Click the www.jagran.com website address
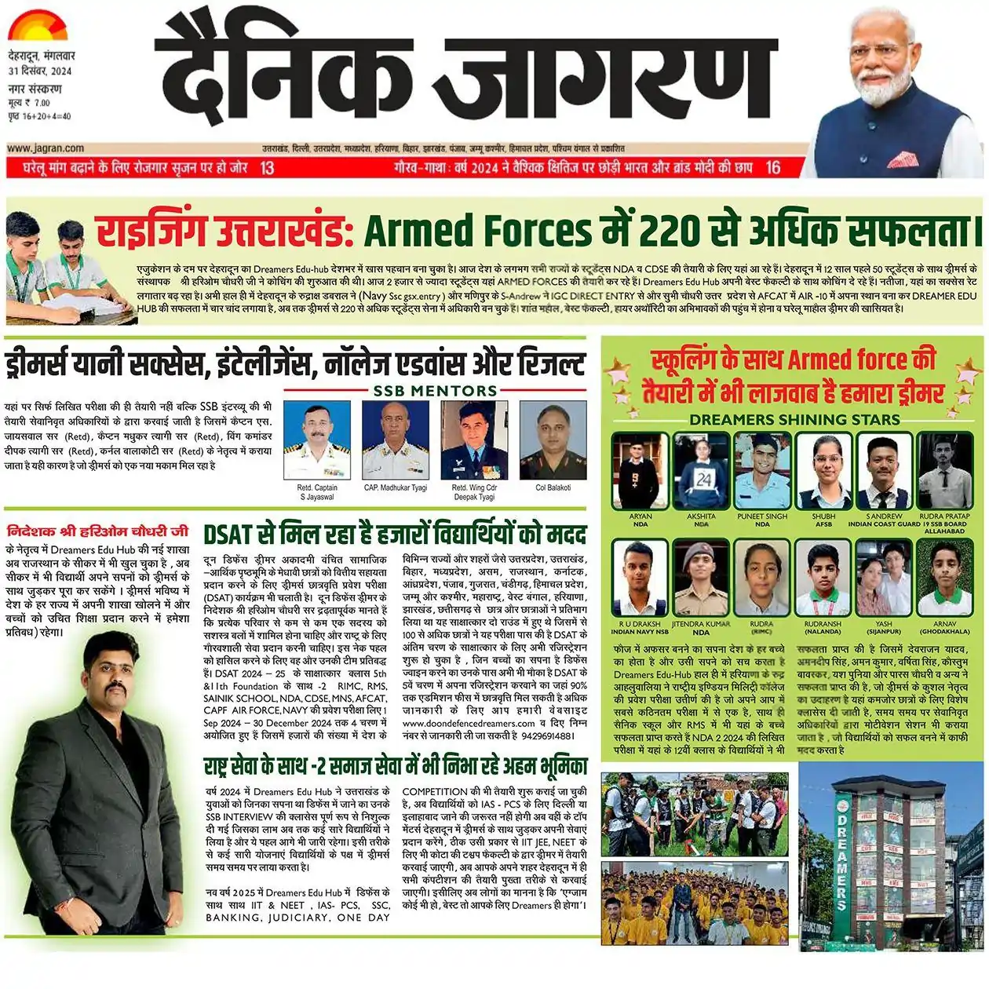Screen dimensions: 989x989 tap(46, 148)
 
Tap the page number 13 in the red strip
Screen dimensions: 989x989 tap(267, 167)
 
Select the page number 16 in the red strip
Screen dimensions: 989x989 tap(772, 167)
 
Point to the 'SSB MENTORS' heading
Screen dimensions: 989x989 tap(435, 391)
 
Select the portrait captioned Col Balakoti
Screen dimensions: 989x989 tap(553, 440)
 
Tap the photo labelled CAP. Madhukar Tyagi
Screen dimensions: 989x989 tap(396, 440)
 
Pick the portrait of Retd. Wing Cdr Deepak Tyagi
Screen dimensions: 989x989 tap(474, 440)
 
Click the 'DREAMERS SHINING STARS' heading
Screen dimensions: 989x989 tap(794, 419)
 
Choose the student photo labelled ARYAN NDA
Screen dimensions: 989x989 tap(640, 471)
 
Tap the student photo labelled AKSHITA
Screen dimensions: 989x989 tap(701, 471)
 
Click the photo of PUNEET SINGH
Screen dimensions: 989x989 tap(762, 471)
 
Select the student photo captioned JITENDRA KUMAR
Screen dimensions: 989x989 tap(701, 579)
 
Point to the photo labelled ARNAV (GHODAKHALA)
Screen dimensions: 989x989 tap(944, 579)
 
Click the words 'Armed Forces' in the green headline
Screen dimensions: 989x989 tap(477, 230)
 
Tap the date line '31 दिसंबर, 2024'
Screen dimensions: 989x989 tap(40, 71)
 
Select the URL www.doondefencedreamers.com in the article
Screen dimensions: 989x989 tap(469, 723)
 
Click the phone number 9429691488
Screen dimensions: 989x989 tap(547, 735)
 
